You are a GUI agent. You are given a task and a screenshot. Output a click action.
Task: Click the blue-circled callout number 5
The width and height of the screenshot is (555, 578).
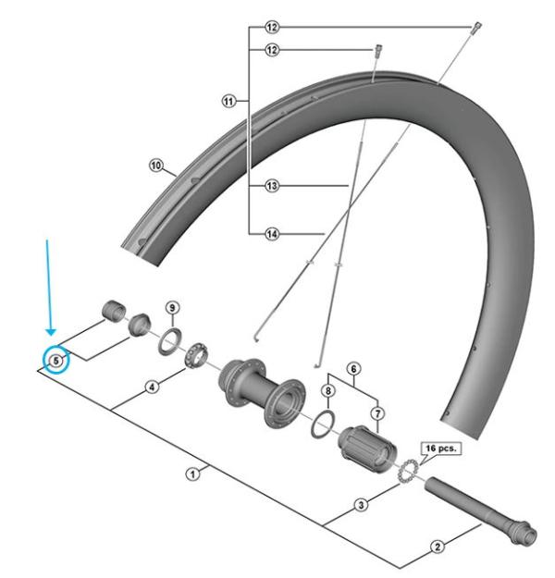pyautogui.click(x=56, y=360)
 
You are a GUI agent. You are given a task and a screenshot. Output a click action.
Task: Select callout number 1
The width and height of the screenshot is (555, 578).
pyautogui.click(x=193, y=473)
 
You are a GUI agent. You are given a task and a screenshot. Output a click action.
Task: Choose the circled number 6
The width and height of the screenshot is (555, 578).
pyautogui.click(x=353, y=368)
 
